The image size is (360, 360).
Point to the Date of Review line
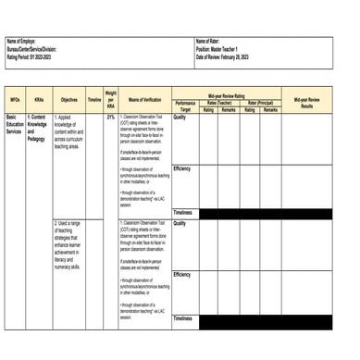click(227, 56)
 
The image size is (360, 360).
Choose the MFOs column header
click(15, 99)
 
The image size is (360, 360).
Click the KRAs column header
click(39, 99)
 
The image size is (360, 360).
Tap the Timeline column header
click(93, 99)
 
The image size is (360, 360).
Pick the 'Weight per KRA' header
click(110, 99)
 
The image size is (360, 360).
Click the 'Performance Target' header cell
click(185, 106)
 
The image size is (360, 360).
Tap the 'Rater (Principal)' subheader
click(257, 103)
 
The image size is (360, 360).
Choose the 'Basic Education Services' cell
click(16, 125)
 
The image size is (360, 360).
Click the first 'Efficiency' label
click(182, 168)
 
